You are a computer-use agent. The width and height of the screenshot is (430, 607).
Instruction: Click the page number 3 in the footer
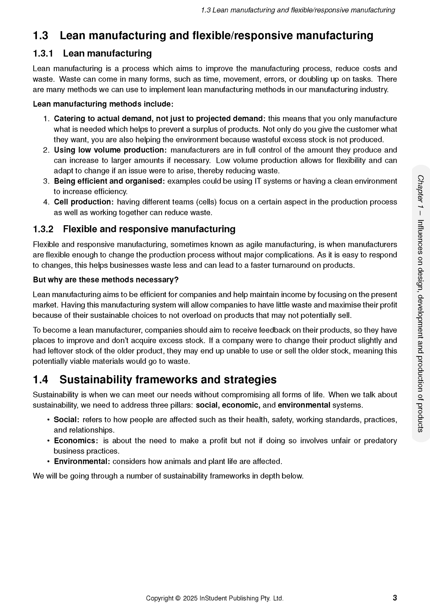tap(395, 597)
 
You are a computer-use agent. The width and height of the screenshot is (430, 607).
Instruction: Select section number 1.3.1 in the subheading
tap(43, 53)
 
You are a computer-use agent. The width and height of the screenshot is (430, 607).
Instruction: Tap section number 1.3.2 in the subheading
tap(43, 229)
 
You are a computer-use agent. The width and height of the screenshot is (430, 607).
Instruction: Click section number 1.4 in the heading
tap(40, 380)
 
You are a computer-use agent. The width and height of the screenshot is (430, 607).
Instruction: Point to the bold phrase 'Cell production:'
tap(84, 202)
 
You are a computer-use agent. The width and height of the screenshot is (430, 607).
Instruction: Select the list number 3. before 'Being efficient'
tap(46, 181)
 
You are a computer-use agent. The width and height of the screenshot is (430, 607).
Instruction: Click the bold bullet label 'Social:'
tap(66, 420)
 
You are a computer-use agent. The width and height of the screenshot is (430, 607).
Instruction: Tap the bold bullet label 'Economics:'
tap(76, 441)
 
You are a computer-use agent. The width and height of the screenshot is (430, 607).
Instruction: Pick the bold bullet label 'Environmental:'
tap(82, 461)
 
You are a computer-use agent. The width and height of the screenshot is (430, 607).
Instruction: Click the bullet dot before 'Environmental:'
tap(48, 462)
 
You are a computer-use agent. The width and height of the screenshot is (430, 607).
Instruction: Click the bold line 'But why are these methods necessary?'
tap(105, 280)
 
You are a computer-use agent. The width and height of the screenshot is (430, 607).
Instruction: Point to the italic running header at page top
tap(298, 10)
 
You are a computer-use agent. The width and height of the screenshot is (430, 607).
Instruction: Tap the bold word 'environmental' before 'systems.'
tap(304, 405)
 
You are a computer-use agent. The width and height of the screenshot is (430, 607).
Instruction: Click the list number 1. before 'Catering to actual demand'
tap(46, 119)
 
